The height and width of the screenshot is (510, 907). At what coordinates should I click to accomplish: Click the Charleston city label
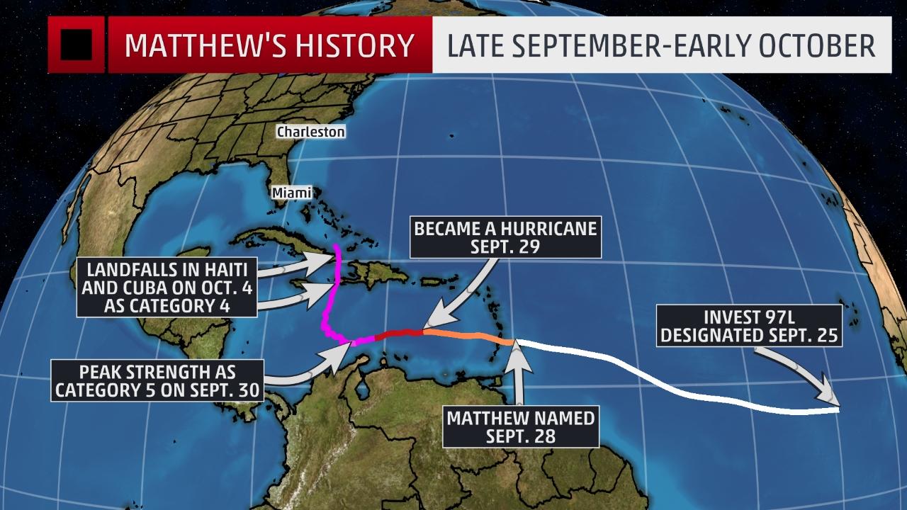tap(310, 132)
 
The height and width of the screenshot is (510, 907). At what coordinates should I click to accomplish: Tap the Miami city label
tap(292, 192)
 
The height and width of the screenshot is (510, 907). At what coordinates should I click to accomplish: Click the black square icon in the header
tap(77, 45)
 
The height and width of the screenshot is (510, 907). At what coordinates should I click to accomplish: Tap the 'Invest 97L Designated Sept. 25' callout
tap(749, 325)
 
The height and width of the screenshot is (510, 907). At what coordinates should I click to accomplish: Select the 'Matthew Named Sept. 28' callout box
tap(520, 426)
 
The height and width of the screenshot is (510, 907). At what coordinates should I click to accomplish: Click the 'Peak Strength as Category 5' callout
tap(157, 380)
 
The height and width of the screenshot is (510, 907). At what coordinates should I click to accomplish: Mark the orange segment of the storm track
tap(468, 335)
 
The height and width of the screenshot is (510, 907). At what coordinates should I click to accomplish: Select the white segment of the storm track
tap(673, 382)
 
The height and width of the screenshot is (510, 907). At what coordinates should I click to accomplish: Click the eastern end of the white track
tap(838, 409)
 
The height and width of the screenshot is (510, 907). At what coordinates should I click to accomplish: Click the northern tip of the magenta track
tap(337, 249)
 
